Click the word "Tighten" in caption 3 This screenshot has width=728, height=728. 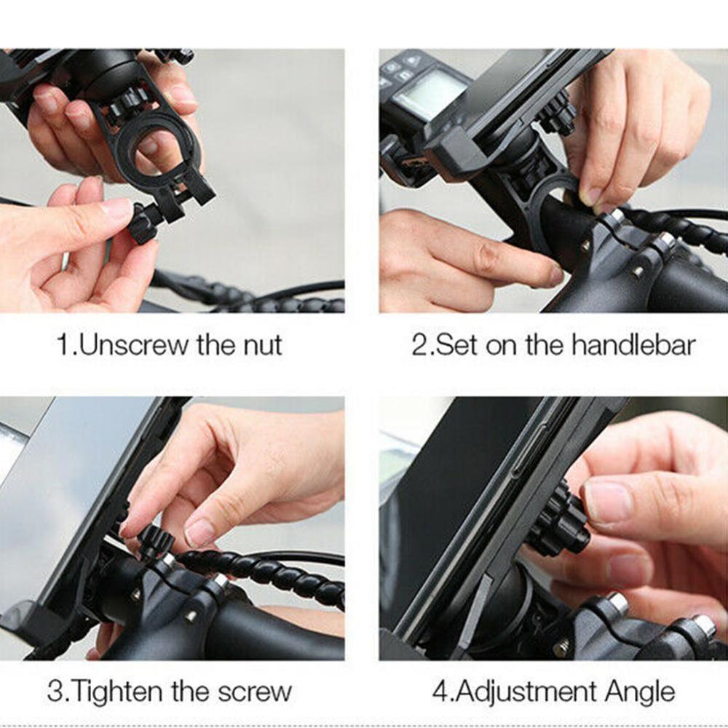pos(117,691)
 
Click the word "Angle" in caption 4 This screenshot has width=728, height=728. pos(640,691)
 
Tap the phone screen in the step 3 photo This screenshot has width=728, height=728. pos(66,495)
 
